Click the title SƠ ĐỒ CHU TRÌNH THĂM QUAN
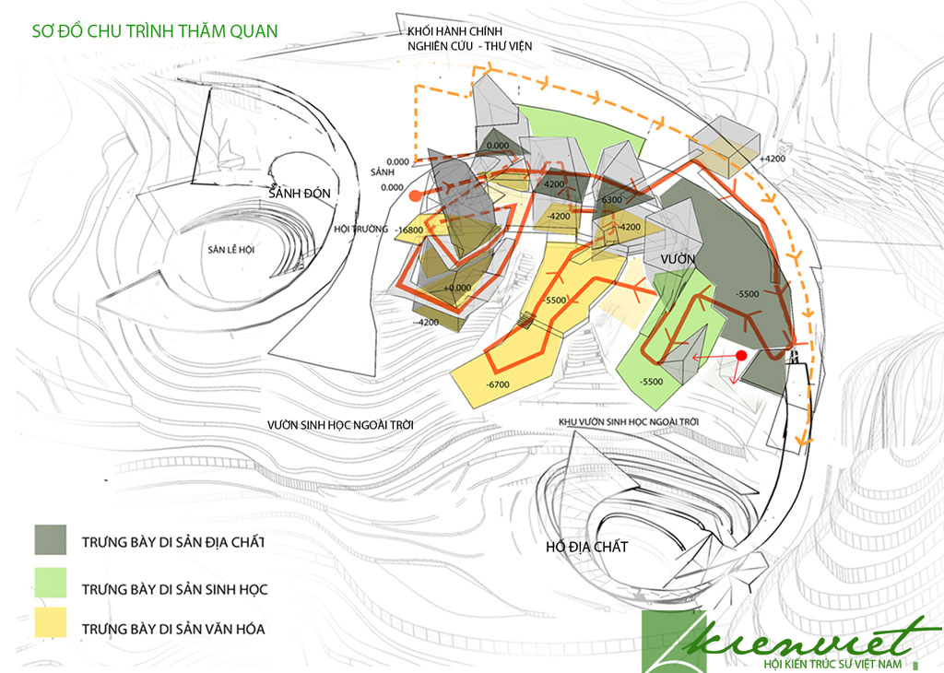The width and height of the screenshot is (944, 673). [154, 30]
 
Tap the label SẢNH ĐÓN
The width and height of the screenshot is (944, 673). [299, 195]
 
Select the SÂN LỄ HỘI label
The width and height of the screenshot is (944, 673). [230, 250]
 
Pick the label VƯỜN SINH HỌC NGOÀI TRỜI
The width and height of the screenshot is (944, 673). [339, 425]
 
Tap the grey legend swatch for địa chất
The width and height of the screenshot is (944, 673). [51, 540]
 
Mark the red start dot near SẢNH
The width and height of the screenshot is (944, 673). [416, 195]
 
